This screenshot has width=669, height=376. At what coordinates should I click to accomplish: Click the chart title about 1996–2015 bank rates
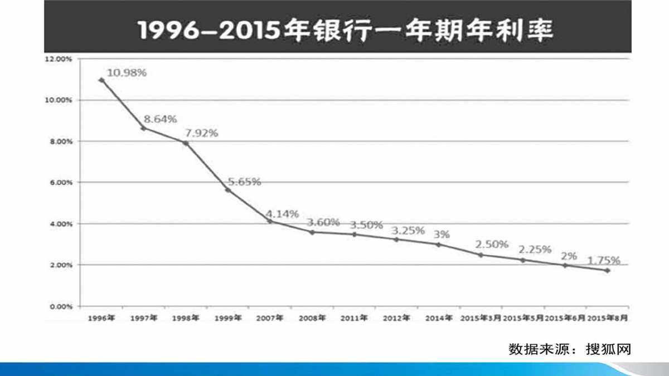click(346, 30)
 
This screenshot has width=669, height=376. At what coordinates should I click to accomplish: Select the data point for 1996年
click(101, 80)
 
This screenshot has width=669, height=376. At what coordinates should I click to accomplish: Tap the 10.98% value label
click(127, 73)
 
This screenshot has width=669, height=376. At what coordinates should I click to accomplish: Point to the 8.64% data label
click(160, 119)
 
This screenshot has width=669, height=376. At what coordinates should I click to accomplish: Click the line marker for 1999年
click(227, 190)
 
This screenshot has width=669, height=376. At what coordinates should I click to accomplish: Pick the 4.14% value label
click(282, 213)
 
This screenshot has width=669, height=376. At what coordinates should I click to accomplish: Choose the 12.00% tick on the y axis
click(59, 58)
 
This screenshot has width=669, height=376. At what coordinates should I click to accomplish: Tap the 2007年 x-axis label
click(270, 318)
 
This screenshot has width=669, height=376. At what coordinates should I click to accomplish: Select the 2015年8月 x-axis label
click(608, 318)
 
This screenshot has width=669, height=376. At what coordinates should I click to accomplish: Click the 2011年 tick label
click(354, 318)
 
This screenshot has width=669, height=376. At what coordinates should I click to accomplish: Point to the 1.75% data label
click(603, 260)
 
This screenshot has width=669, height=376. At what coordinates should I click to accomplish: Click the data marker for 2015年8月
click(607, 270)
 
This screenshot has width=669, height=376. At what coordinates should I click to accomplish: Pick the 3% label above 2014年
click(442, 234)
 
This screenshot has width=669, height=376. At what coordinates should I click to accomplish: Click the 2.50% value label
click(492, 244)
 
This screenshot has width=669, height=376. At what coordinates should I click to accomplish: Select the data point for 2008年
click(312, 232)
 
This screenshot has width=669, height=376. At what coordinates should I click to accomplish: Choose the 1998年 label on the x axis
click(186, 318)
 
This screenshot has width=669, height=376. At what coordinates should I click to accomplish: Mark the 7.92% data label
click(201, 133)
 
